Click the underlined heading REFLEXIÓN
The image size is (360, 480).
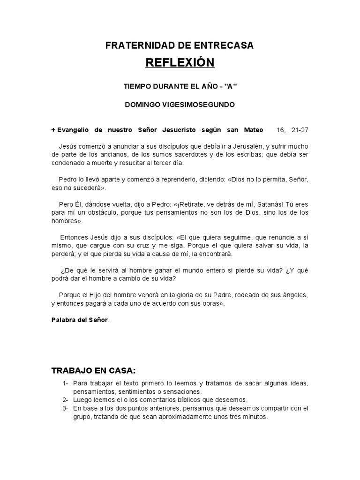click(x=180, y=62)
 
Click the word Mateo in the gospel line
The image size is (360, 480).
click(x=252, y=130)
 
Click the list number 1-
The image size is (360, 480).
click(x=66, y=384)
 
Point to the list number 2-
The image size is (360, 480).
click(x=66, y=400)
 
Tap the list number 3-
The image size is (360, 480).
click(x=66, y=408)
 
